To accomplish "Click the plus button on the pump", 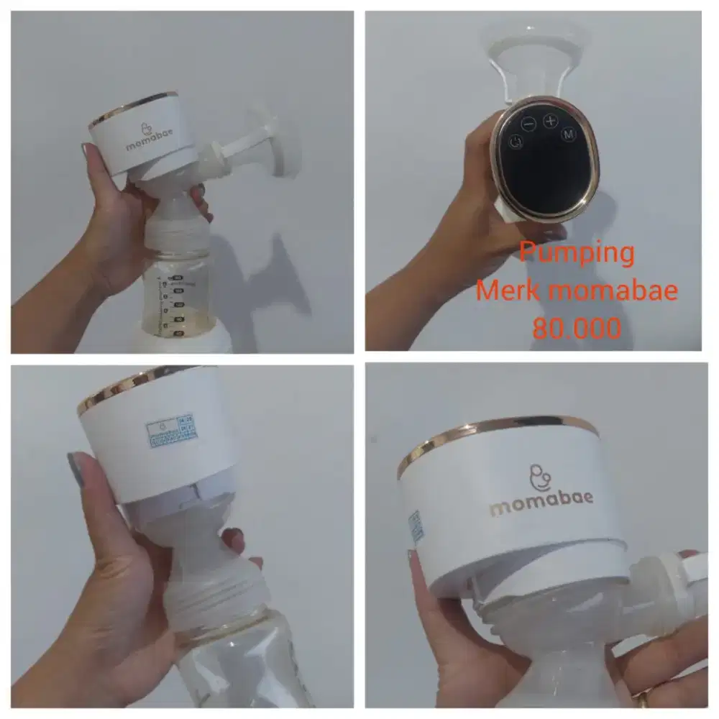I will pos(551,120).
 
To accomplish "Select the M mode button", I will pos(569,134).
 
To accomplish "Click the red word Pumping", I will pos(577,253).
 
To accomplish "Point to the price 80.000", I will pos(577,329).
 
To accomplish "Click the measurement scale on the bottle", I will pos(173,303).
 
